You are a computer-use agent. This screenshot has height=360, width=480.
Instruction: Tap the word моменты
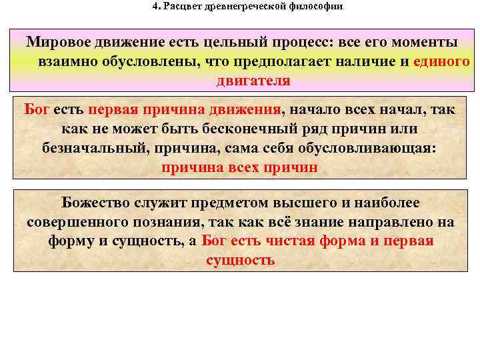[425, 42]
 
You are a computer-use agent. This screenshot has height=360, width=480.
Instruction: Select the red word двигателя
[253, 81]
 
